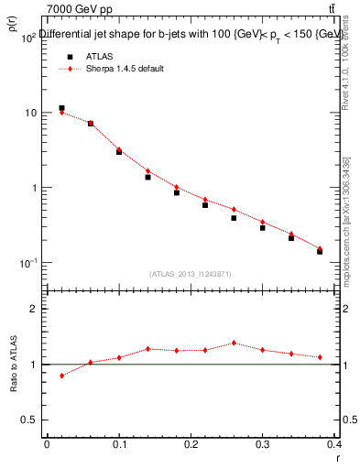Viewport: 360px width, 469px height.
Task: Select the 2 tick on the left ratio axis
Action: tap(34, 309)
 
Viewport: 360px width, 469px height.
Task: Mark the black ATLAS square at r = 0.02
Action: tap(61, 108)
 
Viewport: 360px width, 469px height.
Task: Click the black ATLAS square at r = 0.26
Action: tap(234, 218)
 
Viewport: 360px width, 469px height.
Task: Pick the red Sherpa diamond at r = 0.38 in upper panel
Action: tap(320, 248)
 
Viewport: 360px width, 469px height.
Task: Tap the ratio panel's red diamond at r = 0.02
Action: tap(61, 376)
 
